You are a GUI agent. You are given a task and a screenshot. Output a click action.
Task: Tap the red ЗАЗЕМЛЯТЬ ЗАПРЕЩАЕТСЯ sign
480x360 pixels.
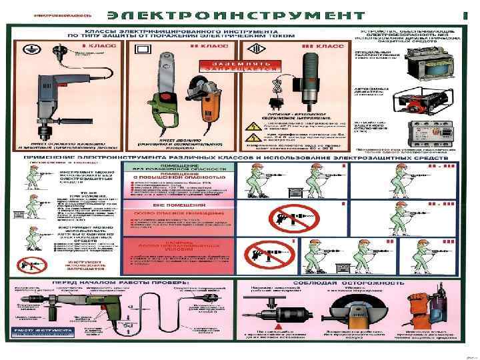coord(229,65)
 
